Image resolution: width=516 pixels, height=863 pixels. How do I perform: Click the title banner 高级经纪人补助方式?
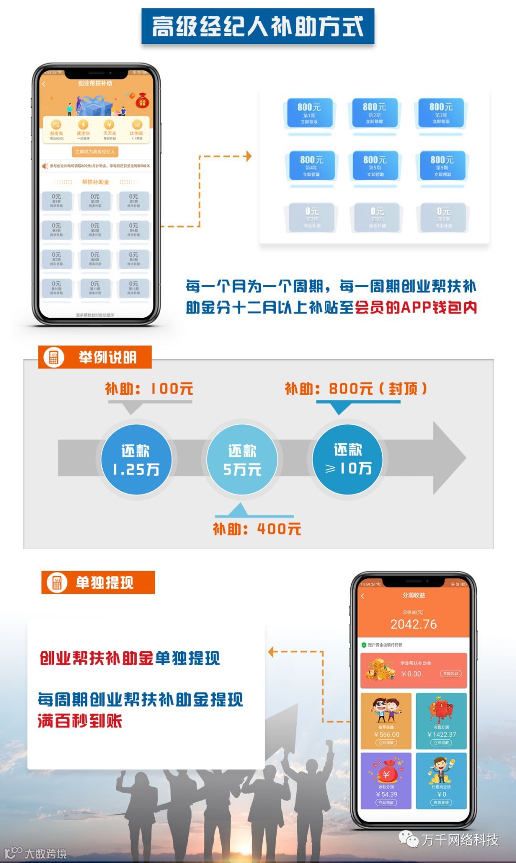(258, 26)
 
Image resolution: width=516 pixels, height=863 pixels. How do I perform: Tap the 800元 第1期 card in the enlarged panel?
(309, 113)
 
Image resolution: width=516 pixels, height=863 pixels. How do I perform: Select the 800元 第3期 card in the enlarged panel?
(441, 113)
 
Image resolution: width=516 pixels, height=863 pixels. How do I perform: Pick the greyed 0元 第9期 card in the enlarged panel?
(443, 217)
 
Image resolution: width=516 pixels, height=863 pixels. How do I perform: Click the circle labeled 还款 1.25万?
(136, 459)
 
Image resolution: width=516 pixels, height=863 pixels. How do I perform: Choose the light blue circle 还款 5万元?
(242, 459)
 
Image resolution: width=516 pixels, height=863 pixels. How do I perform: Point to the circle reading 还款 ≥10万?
(347, 459)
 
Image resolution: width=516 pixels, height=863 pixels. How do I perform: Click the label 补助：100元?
(149, 388)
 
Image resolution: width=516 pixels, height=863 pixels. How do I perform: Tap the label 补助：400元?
(257, 529)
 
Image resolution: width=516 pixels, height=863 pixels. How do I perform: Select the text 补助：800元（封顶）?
(355, 388)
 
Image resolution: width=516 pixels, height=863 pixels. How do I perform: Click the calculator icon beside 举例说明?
(54, 357)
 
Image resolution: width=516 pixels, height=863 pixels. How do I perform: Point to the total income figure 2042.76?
(413, 624)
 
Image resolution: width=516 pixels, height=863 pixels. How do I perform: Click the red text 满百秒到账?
(80, 721)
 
